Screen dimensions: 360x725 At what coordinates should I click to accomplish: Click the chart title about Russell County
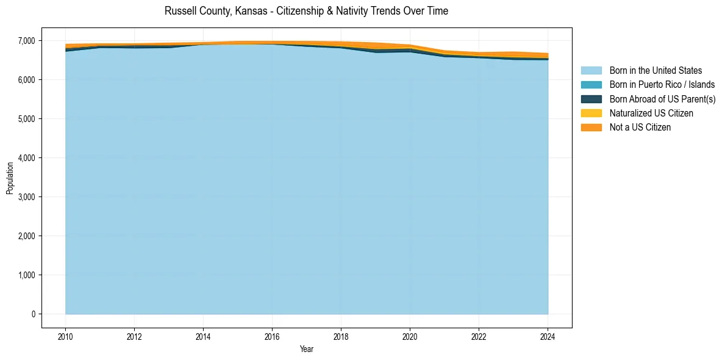(x=306, y=11)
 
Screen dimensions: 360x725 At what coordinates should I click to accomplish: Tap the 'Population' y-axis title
(x=10, y=178)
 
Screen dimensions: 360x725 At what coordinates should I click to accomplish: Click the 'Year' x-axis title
(x=306, y=349)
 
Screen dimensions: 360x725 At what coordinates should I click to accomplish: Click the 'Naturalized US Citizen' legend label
(x=651, y=113)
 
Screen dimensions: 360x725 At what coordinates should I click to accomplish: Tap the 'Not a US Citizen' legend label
(x=640, y=127)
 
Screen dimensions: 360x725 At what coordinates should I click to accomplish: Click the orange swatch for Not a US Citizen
(x=591, y=127)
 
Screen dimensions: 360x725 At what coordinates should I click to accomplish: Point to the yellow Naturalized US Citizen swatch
(x=591, y=113)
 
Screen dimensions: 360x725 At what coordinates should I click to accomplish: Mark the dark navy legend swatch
(x=591, y=99)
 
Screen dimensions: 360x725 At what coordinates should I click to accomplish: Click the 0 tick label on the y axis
(x=34, y=314)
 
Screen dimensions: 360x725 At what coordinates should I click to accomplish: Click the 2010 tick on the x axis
(x=65, y=336)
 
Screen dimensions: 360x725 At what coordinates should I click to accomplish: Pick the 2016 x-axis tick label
(x=272, y=336)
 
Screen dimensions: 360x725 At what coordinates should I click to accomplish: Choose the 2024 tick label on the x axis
(x=548, y=336)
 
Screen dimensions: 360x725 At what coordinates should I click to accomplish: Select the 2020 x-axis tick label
(x=410, y=336)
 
